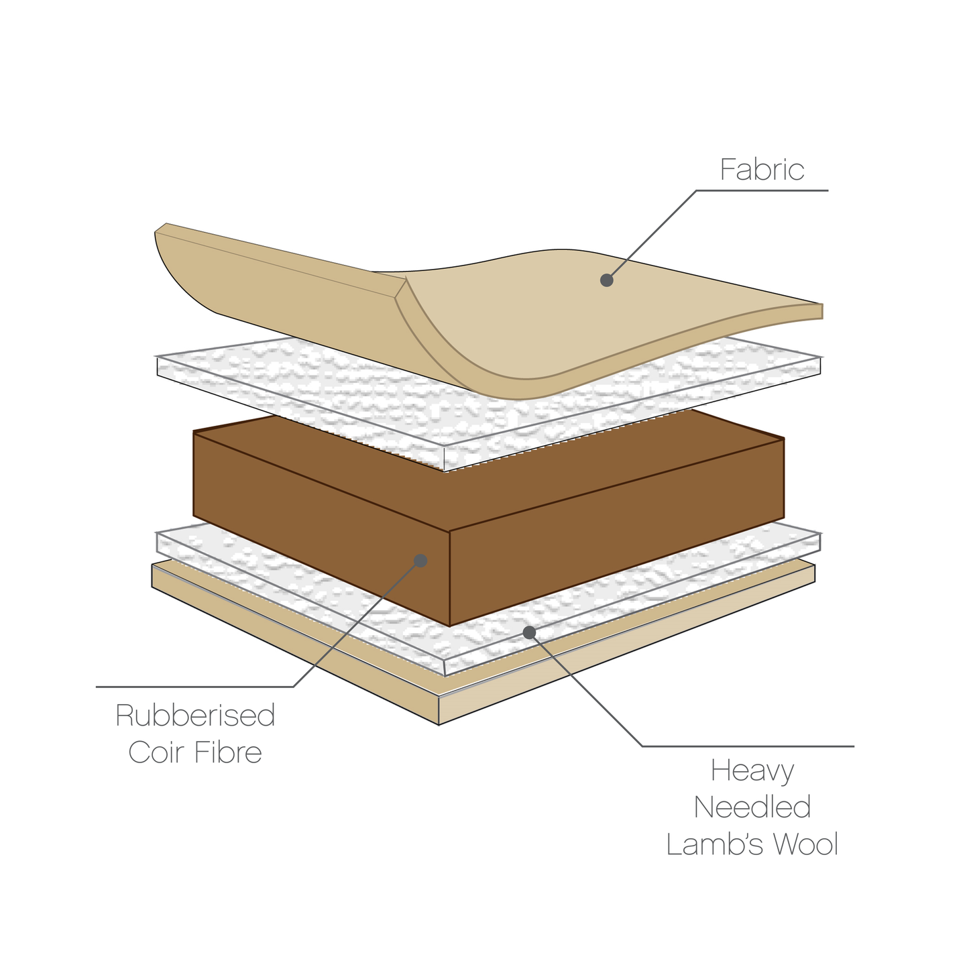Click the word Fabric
[762, 170]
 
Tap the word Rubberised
[195, 716]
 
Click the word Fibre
[228, 752]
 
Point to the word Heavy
[752, 772]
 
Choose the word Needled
[752, 807]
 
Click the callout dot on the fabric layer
[607, 280]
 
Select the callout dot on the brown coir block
[420, 560]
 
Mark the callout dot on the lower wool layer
[529, 632]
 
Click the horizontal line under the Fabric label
[762, 190]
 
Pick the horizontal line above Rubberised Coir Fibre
[194, 687]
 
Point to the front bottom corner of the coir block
[449, 625]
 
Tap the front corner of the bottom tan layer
[439, 723]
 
